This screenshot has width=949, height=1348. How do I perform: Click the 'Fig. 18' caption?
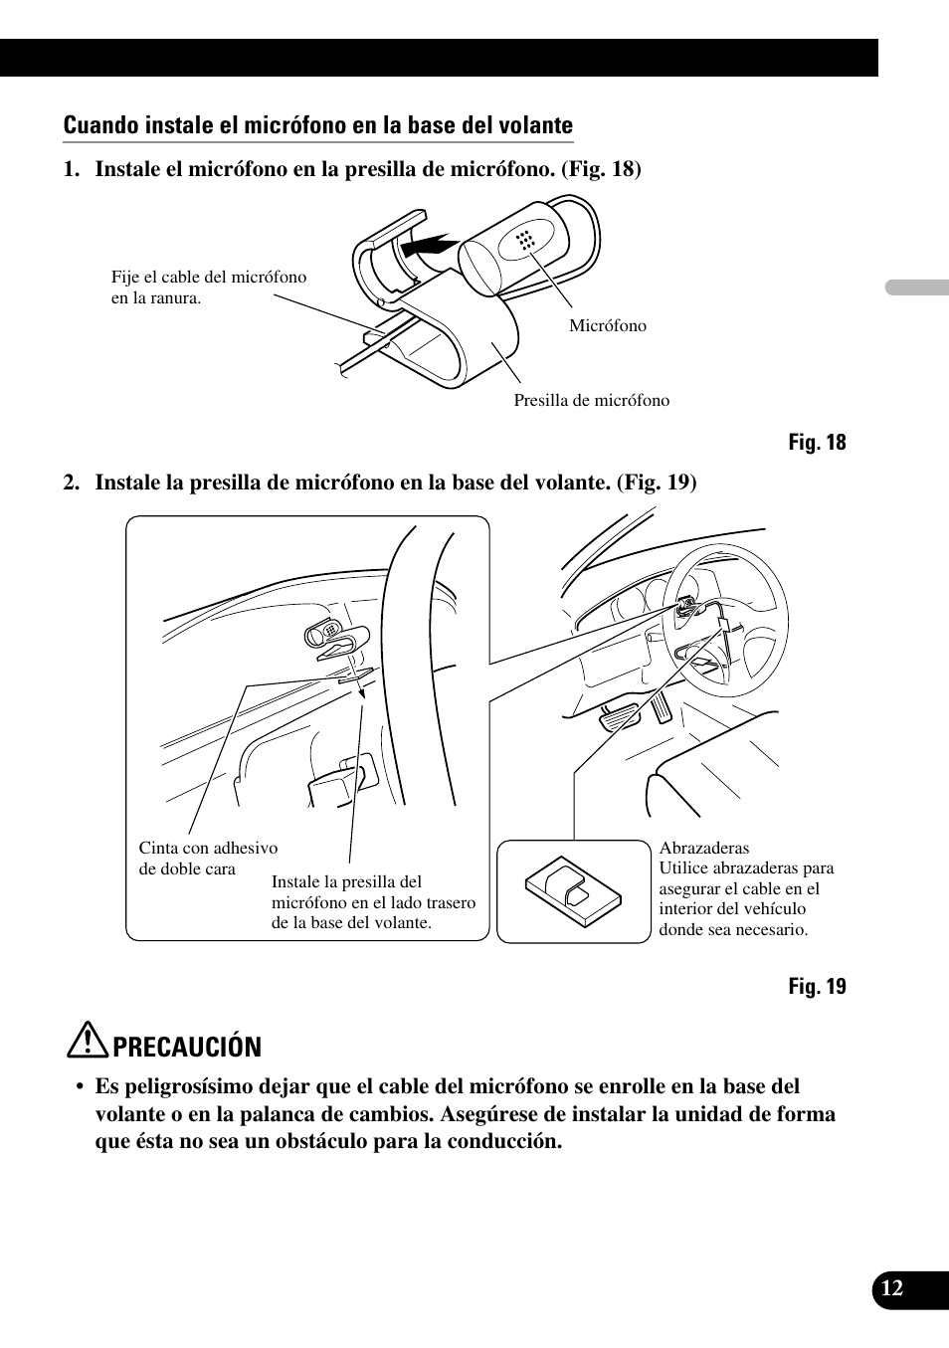point(817,443)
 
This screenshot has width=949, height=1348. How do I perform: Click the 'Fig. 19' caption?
point(817,986)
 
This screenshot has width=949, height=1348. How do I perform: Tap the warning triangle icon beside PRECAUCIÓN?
point(94,1043)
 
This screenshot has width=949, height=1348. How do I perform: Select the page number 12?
point(892,1288)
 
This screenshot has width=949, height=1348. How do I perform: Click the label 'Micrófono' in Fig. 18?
point(607,325)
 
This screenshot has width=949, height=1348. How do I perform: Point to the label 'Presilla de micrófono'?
point(591,400)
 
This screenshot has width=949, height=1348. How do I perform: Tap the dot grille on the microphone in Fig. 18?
point(526,240)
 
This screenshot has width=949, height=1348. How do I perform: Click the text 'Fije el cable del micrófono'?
point(209,278)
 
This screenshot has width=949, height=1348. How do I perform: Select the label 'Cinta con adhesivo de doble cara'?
point(207,858)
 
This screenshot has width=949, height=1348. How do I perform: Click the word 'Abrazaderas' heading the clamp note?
point(703,848)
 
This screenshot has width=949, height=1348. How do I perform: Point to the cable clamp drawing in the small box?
point(573,888)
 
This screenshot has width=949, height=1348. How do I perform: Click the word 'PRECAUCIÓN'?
point(187,1047)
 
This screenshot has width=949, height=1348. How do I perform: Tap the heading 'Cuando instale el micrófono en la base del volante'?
point(317,125)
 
